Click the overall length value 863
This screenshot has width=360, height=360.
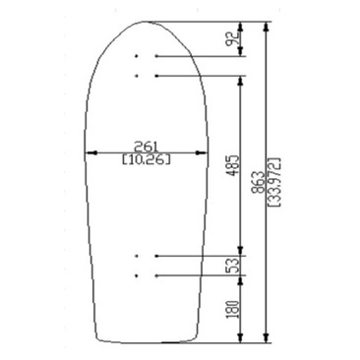pos(259,182)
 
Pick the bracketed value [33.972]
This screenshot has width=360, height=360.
pos(274,182)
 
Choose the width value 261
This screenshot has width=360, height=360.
pos(146,146)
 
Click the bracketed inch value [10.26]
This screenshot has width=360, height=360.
pos(147,159)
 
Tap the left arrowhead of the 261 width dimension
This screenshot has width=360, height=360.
pos(90,152)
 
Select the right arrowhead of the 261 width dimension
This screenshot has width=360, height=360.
pos(202,152)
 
